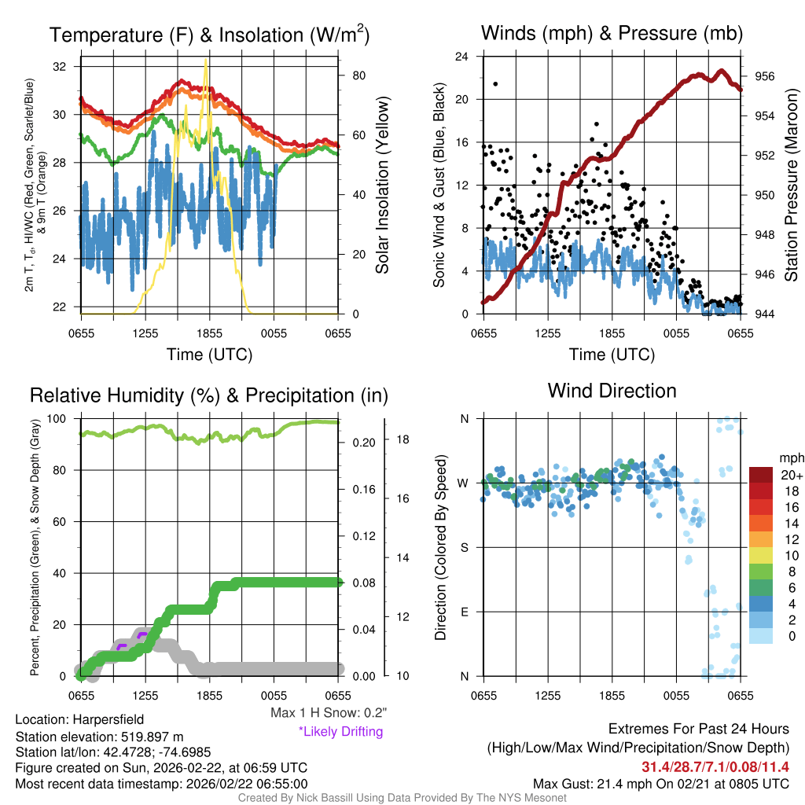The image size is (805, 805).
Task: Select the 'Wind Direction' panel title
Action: [612, 391]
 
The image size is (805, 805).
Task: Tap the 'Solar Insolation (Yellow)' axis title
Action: [383, 186]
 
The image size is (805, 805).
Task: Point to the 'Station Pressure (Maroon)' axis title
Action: [791, 186]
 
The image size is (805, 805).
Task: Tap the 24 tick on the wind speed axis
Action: [463, 57]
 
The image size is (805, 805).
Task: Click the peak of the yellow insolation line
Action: [206, 60]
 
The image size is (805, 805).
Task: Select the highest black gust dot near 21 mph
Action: [495, 84]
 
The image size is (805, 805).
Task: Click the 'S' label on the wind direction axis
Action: [464, 547]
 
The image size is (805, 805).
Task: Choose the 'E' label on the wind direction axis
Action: [464, 612]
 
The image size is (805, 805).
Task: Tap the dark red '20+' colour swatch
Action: [761, 475]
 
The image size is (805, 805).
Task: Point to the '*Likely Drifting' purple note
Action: [340, 731]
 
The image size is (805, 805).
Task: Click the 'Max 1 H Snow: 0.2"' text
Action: [329, 713]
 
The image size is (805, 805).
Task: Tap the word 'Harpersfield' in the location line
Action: [108, 719]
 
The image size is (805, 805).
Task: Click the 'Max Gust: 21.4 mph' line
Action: [660, 783]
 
